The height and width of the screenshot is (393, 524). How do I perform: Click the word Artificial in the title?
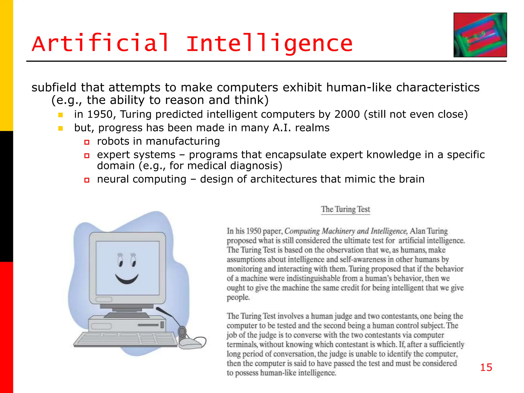(x=100, y=43)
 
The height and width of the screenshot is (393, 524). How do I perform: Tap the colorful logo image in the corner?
(x=480, y=35)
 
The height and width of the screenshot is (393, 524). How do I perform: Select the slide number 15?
(x=486, y=367)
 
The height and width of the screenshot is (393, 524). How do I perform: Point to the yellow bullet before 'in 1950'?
(x=61, y=115)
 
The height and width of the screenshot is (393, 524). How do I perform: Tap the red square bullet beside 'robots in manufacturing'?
(x=87, y=142)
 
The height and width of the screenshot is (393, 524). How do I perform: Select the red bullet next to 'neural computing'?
(x=87, y=180)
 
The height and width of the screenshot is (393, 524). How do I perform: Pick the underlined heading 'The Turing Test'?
(x=345, y=209)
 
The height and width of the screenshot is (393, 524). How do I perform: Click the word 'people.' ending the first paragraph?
(x=238, y=298)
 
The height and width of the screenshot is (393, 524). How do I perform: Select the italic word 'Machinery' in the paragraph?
(x=338, y=231)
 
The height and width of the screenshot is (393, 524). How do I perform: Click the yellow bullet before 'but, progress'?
(x=61, y=128)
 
